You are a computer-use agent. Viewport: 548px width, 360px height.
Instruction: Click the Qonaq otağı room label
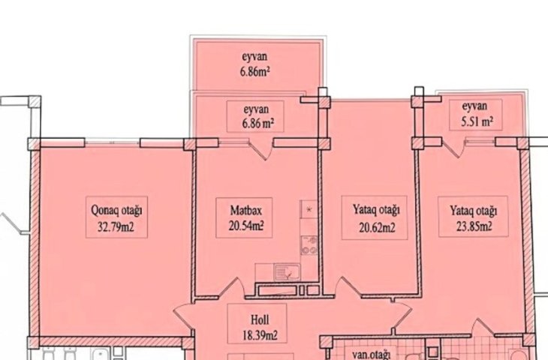pos(116,211)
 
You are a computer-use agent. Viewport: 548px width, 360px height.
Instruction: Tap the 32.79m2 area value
pos(116,228)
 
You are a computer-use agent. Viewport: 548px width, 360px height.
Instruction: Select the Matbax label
pos(245,210)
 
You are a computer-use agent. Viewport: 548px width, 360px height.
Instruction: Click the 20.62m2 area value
pos(377,228)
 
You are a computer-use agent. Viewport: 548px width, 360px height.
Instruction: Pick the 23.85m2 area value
pos(474,227)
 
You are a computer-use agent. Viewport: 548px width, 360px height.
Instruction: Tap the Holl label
pos(260,319)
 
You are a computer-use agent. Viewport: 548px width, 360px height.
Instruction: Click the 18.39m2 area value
pos(260,335)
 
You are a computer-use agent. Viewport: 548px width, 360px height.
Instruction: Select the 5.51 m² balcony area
pos(477,121)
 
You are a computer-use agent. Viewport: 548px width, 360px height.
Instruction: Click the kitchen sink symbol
pos(287,272)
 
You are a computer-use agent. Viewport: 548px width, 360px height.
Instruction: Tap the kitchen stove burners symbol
pos(309,245)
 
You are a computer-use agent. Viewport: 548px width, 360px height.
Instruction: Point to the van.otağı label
pos(371,355)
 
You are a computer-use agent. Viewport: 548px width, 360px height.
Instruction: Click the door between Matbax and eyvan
pos(261,148)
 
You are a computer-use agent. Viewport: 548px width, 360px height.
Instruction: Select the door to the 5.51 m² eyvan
pos(453,147)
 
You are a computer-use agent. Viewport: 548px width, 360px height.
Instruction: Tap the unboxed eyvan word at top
pos(254,55)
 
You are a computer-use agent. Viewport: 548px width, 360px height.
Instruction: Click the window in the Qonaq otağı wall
pos(112,142)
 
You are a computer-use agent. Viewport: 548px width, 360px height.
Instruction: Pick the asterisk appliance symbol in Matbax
pos(309,209)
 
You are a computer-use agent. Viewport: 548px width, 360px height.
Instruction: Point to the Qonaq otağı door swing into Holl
pos(183,317)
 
